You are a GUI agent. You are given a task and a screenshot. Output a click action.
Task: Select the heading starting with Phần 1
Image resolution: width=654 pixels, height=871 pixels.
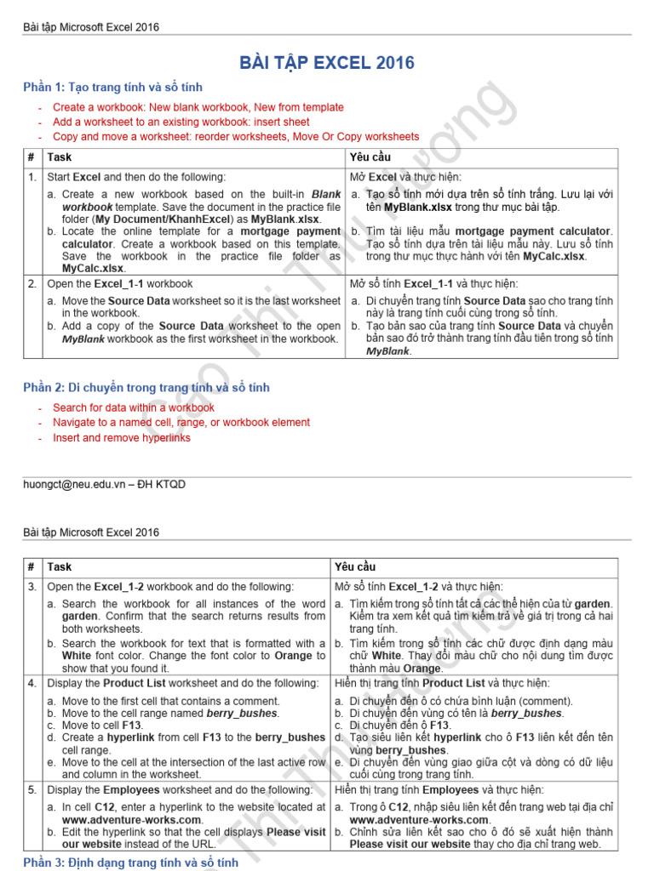(112, 88)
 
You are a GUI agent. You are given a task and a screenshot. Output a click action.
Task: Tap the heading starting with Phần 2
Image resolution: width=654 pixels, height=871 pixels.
(146, 388)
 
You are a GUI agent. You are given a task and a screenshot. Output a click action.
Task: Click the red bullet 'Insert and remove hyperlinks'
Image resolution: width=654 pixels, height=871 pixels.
(122, 438)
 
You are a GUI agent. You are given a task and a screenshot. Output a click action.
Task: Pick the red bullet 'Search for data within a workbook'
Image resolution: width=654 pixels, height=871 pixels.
(134, 407)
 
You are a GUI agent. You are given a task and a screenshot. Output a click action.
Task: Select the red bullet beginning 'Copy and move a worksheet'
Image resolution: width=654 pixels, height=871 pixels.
(236, 136)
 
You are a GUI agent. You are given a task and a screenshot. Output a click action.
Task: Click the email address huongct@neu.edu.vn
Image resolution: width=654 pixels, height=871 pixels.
(76, 484)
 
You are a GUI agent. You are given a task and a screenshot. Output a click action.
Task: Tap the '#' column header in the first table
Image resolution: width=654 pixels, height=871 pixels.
(31, 157)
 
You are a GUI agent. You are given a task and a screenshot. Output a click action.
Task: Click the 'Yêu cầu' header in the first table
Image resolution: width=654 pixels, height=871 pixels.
(370, 157)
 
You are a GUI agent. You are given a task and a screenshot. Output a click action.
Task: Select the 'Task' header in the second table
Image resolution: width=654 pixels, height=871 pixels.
(60, 566)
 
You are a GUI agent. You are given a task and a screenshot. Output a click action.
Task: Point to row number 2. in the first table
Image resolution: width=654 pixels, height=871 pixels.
(32, 284)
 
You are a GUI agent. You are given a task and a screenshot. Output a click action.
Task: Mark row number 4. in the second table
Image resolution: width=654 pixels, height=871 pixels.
(32, 683)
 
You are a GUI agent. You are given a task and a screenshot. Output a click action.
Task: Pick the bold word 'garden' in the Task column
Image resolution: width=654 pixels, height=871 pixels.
(80, 616)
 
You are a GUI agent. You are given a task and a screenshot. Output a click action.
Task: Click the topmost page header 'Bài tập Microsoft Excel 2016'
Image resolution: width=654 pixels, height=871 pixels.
(90, 27)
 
